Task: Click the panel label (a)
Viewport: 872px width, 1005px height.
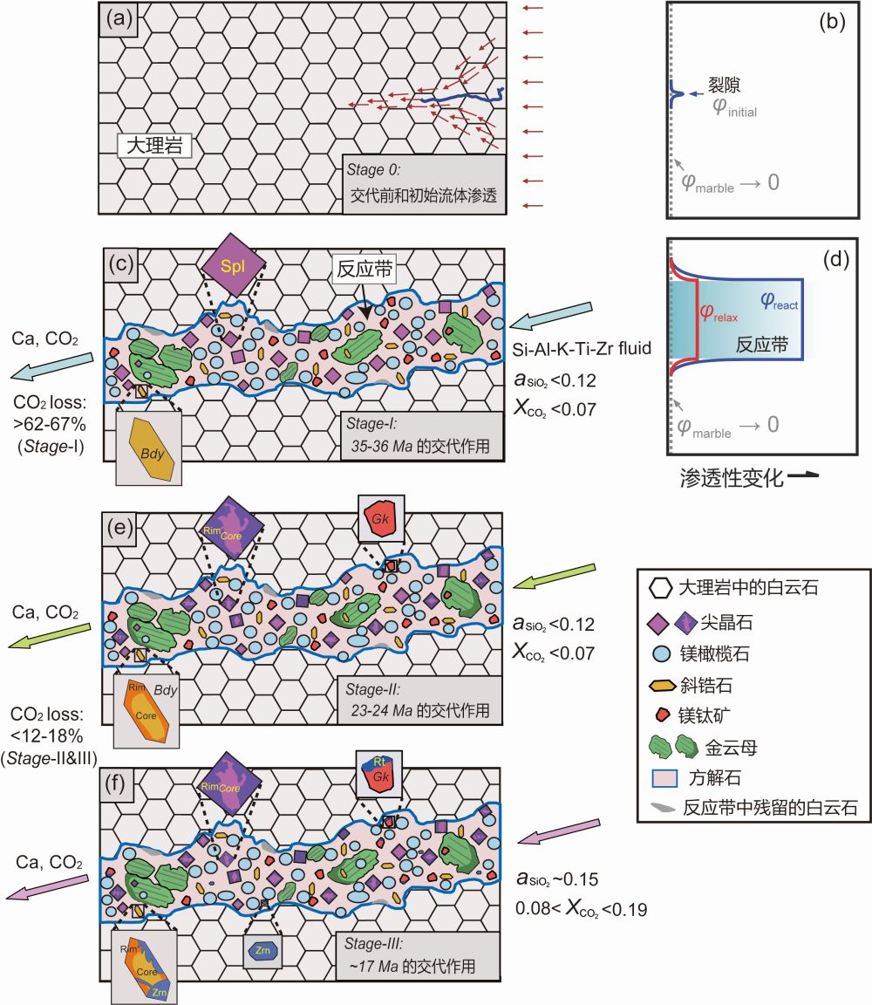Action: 119,18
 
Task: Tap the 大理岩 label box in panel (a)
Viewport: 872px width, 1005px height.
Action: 154,144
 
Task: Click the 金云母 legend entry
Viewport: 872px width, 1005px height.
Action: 729,749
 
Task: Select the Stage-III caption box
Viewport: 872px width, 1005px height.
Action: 422,956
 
